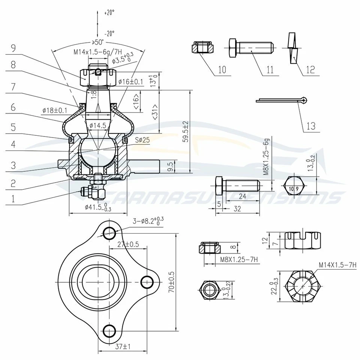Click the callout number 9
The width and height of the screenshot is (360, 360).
pyautogui.click(x=13, y=48)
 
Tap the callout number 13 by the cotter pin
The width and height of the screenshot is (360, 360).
pyautogui.click(x=311, y=126)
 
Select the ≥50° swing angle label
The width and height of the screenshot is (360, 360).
pyautogui.click(x=98, y=42)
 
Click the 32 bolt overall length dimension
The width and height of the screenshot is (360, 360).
pyautogui.click(x=237, y=209)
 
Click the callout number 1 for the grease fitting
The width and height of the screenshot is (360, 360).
pyautogui.click(x=13, y=198)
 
